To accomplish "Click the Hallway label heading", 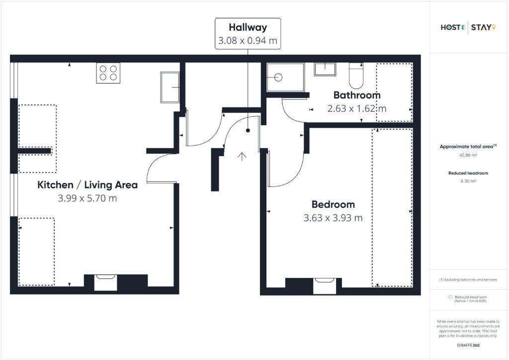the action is point(248,27).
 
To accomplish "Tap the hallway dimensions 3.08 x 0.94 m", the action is point(248,41).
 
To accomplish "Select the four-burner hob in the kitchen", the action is point(108,73).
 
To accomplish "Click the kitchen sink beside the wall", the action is point(170,88).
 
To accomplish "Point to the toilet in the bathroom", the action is point(356,76).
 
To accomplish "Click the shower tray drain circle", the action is point(278,77).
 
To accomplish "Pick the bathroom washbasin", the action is point(325,70).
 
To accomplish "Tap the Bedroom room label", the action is point(333,204).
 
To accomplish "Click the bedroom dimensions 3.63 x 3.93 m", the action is point(333,218).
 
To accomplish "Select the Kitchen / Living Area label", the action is point(87,185).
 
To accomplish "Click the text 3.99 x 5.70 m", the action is point(87,198).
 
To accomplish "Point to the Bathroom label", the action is point(357,95).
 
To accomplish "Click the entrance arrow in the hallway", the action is point(242,157).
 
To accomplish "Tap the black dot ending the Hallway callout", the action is point(248,130).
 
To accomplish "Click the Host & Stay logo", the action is point(468,27).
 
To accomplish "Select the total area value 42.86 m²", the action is point(468,155).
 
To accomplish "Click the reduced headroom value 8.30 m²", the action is point(468,181).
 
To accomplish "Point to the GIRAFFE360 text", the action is point(468,346).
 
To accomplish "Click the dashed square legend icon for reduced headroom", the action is point(450,297).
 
